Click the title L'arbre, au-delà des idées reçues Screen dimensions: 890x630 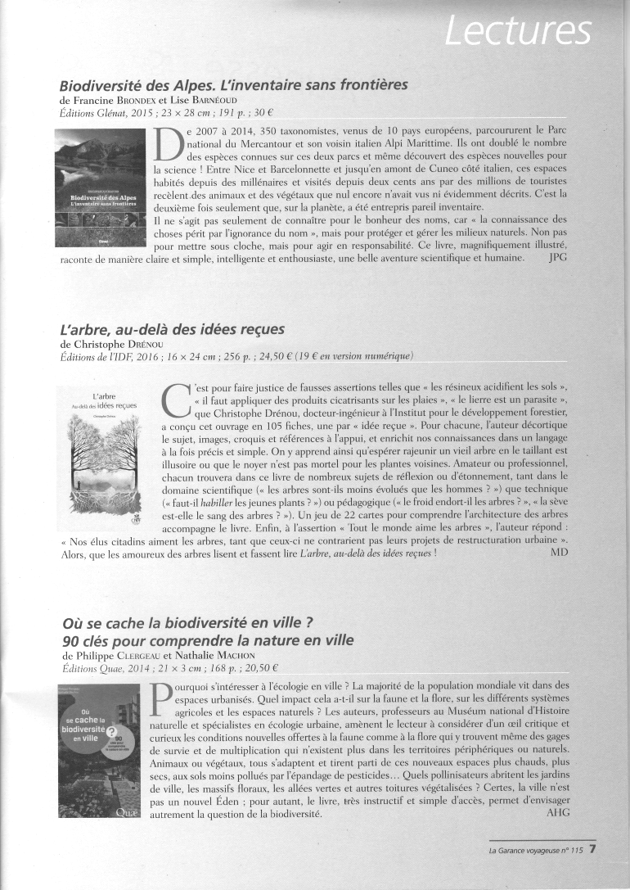[172, 328]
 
